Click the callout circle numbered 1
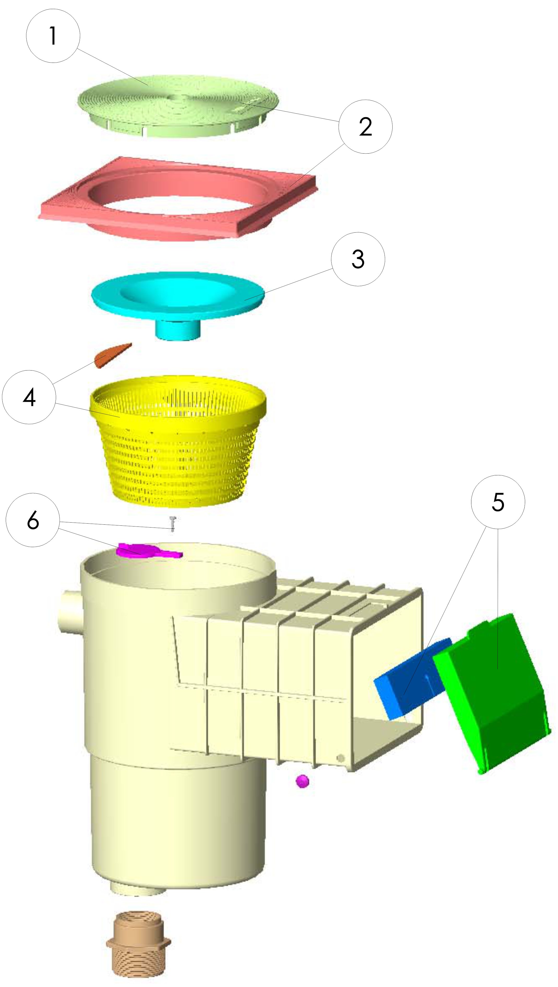click(53, 36)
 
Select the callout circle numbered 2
click(365, 127)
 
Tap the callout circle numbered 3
click(358, 259)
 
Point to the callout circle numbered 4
click(29, 397)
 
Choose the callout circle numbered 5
click(498, 502)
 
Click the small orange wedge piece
click(112, 355)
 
